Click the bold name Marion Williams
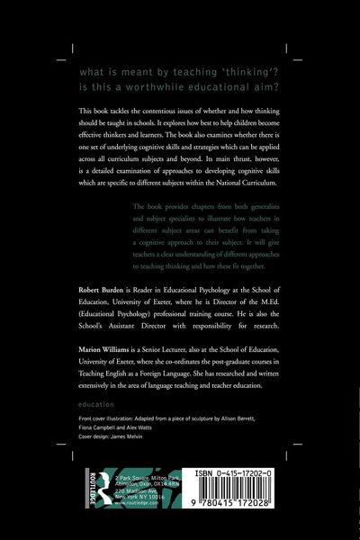(x=97, y=357)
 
